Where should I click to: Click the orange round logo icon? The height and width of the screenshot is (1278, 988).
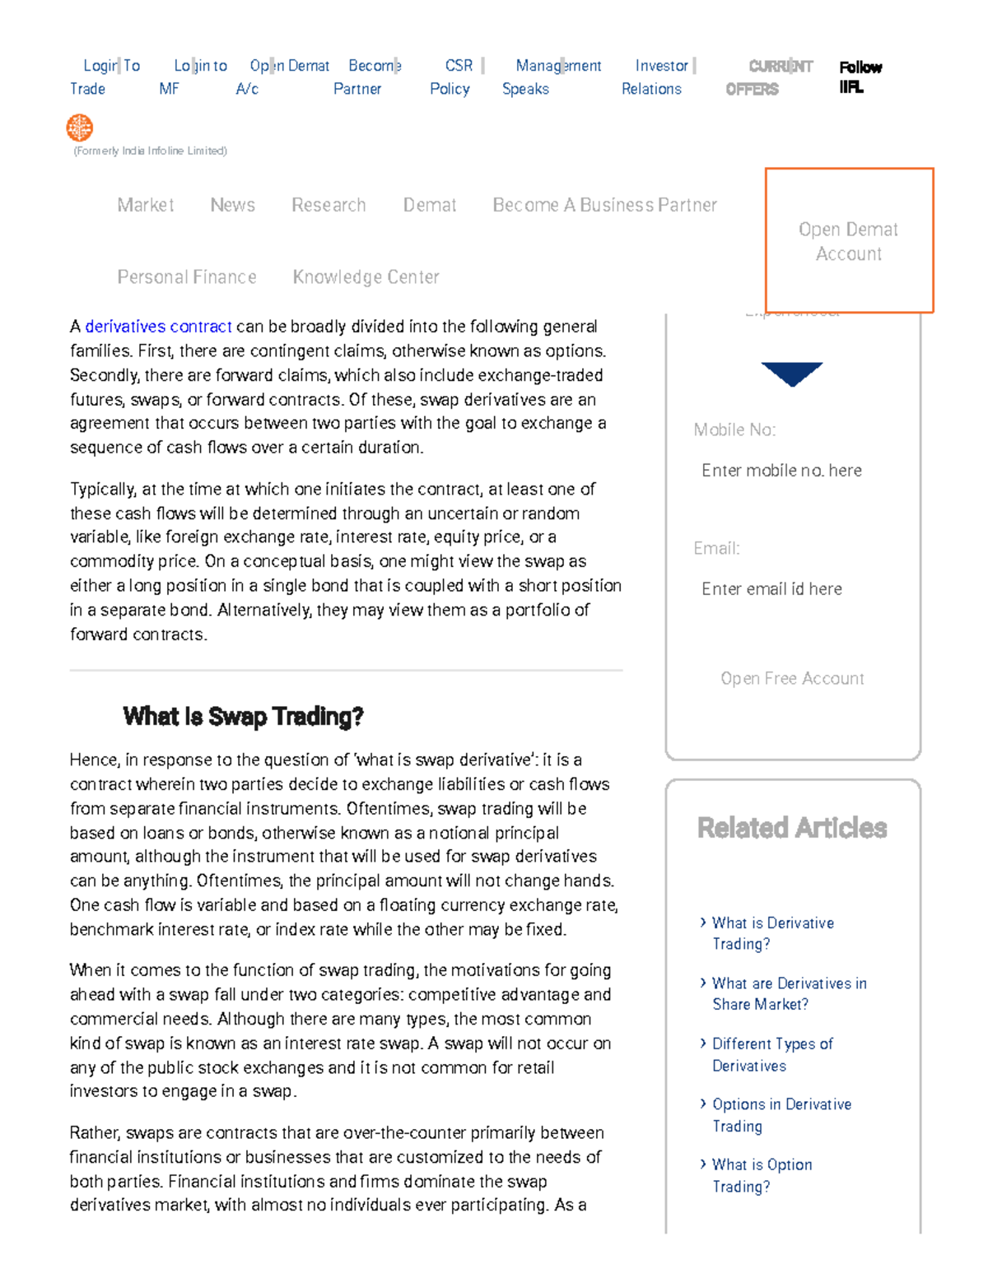tap(80, 128)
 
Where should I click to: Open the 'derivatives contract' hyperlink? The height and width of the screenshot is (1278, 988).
tap(158, 327)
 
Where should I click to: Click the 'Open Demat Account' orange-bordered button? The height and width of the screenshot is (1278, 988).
tap(849, 241)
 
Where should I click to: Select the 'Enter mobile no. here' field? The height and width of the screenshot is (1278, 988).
tap(781, 471)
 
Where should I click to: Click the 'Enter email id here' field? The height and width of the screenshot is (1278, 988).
tap(771, 589)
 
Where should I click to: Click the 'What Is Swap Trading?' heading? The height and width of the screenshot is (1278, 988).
tap(243, 717)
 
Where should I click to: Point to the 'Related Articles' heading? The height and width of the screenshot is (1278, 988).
tap(791, 828)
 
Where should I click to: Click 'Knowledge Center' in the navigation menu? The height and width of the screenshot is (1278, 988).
tap(366, 277)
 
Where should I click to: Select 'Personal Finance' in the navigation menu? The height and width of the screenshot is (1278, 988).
tap(187, 277)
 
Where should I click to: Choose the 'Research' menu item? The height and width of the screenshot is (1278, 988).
tap(329, 205)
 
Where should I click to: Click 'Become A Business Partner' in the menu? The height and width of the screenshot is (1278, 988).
tap(604, 205)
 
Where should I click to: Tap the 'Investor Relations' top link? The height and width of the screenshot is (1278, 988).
tap(656, 77)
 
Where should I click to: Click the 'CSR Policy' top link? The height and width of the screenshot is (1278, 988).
tap(452, 77)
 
